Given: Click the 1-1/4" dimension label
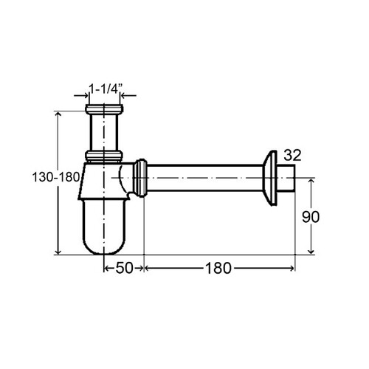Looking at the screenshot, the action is coord(106,89).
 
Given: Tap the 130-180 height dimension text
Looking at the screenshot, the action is coord(56,177).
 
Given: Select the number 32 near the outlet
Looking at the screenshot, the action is coord(292,155).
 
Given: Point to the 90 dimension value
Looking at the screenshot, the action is coord(311,217).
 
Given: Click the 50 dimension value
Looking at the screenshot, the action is coord(124,268).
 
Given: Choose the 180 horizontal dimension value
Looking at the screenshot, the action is coord(218,268).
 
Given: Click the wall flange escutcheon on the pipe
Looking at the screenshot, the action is coord(270,178).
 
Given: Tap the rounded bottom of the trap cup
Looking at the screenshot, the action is coord(104,245).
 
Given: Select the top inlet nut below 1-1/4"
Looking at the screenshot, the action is coord(104,109).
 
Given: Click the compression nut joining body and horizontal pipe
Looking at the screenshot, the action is coord(140,178).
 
